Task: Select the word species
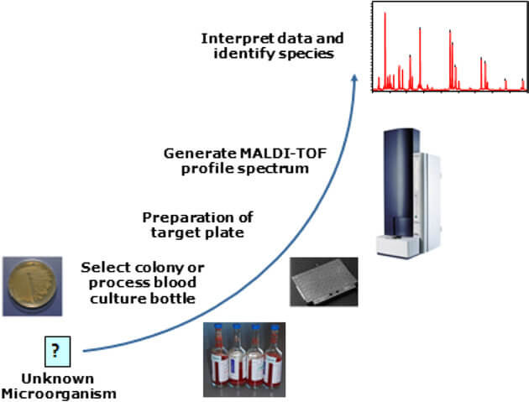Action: pyautogui.click(x=309, y=54)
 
